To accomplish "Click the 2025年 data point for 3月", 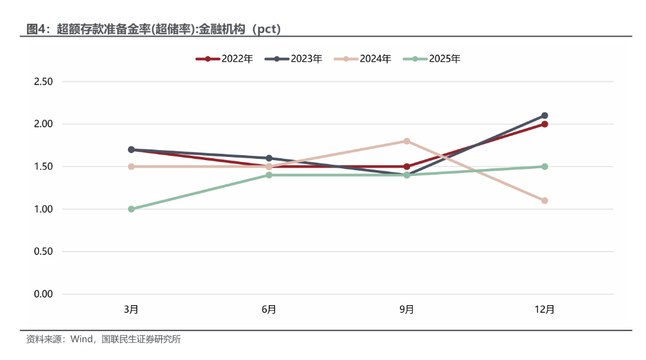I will [x=131, y=209].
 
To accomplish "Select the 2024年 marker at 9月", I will [x=407, y=141].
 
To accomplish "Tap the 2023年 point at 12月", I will [x=544, y=115].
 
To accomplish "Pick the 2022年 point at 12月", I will [x=544, y=124].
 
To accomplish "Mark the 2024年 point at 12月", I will [x=544, y=200].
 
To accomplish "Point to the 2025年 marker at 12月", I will [x=544, y=166].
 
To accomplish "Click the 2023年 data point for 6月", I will [x=269, y=158].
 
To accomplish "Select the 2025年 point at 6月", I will [x=269, y=175].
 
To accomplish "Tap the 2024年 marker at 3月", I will [x=131, y=166].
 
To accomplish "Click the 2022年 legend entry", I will [x=225, y=59].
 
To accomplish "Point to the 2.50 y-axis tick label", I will [x=43, y=82].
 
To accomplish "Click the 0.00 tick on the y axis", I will [x=43, y=294].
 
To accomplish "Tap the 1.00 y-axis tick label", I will [x=43, y=209].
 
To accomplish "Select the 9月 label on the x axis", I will [x=407, y=310].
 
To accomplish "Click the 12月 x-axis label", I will [x=544, y=310].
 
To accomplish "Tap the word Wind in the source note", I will [x=82, y=339].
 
